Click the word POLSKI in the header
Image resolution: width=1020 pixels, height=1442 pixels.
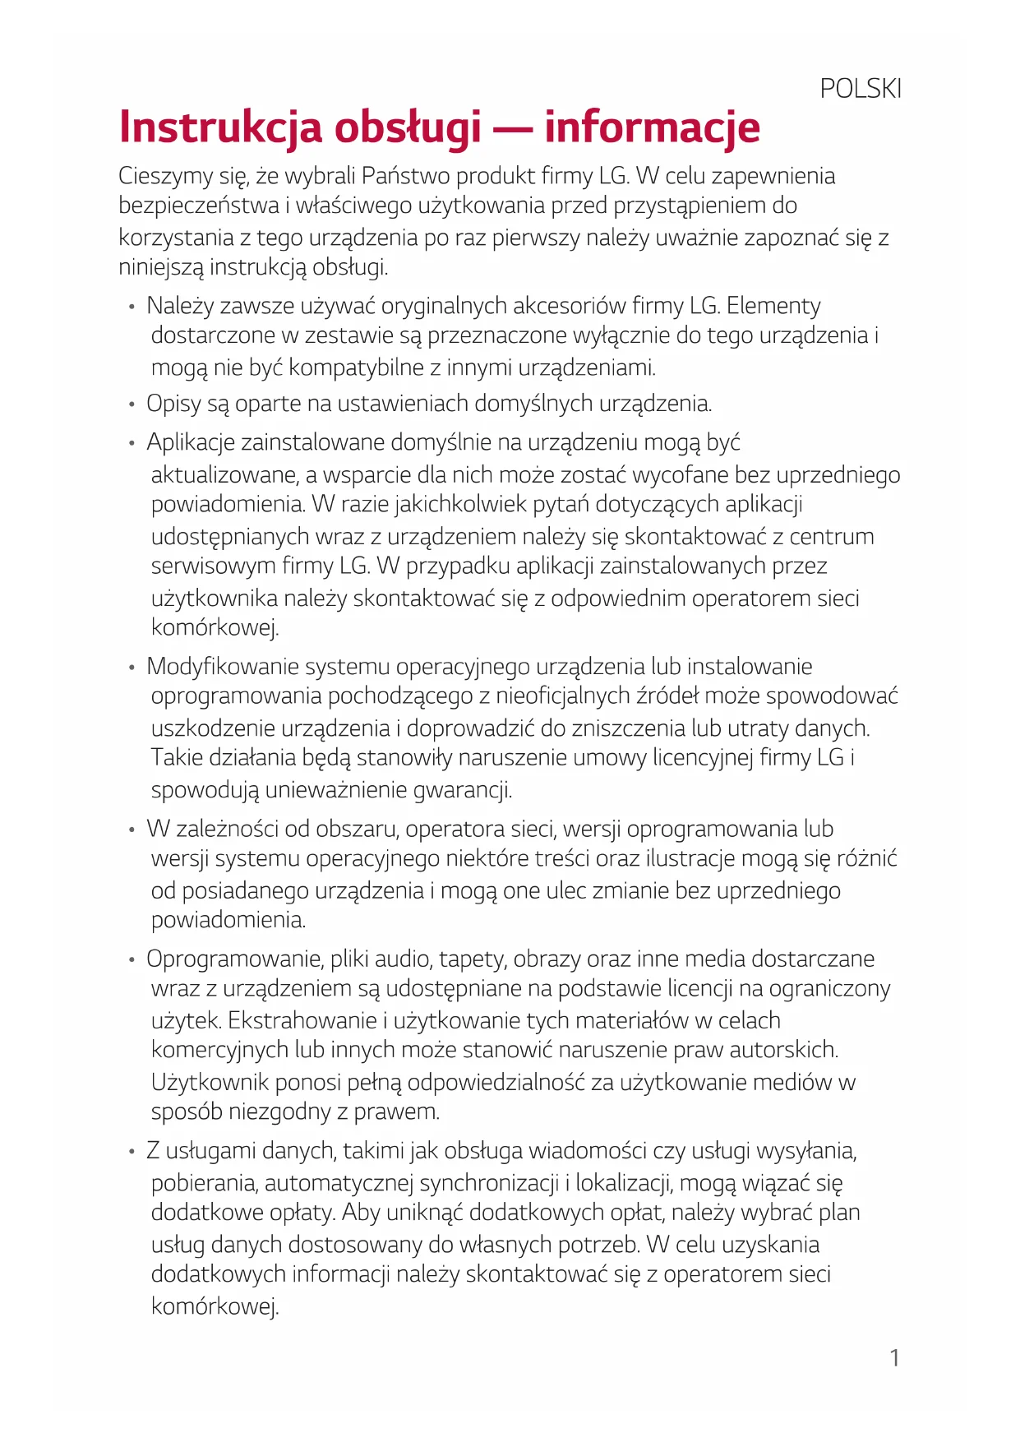(x=861, y=88)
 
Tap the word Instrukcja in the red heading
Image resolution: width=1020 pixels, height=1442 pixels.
(x=220, y=127)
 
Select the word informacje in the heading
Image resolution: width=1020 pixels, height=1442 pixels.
(x=652, y=127)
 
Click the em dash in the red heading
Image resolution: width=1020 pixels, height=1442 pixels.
(x=512, y=129)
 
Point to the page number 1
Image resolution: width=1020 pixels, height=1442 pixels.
(x=894, y=1357)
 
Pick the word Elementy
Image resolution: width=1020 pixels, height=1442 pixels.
(x=773, y=306)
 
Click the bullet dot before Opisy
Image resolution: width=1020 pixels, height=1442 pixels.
(x=131, y=404)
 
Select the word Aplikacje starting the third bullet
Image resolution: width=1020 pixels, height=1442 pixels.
(x=191, y=442)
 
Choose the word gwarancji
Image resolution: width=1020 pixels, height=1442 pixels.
(x=462, y=790)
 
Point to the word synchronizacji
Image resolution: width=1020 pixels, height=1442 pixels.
(x=489, y=1183)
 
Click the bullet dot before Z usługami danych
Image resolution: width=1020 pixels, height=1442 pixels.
(x=131, y=1152)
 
